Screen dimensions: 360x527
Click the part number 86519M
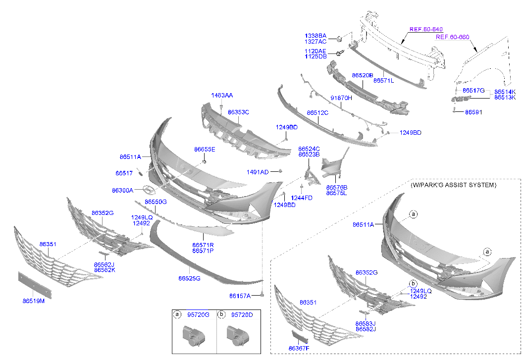click(33, 301)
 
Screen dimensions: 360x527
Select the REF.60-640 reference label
click(425, 29)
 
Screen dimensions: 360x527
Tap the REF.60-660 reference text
click(452, 37)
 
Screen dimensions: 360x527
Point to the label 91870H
click(341, 98)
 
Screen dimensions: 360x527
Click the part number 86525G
click(189, 278)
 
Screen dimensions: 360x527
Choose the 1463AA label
click(221, 95)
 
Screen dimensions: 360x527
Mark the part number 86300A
click(122, 190)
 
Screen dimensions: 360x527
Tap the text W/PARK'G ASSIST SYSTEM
click(453, 185)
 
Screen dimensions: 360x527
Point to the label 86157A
click(240, 296)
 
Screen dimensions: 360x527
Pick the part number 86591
click(473, 112)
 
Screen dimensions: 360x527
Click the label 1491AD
click(257, 172)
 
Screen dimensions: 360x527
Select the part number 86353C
click(238, 112)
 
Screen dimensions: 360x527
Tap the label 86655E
click(205, 149)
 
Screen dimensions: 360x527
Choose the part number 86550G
click(156, 202)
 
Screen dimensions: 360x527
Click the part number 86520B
click(363, 75)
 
